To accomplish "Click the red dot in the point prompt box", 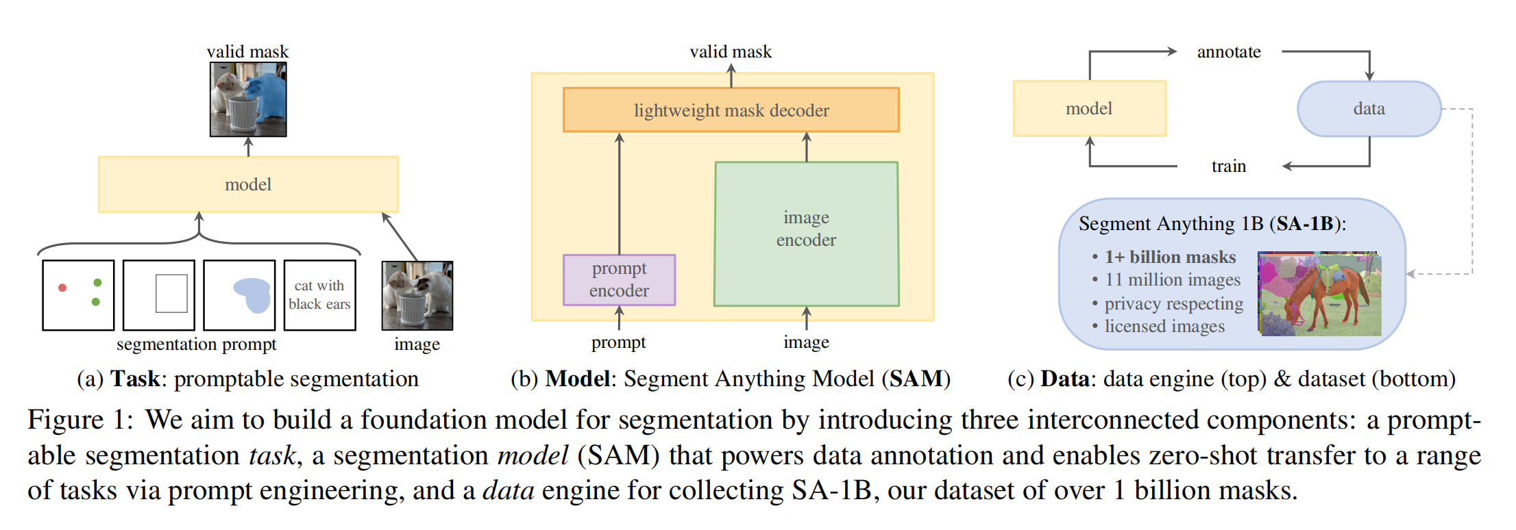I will click(x=62, y=288).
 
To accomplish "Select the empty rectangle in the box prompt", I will click(x=171, y=294).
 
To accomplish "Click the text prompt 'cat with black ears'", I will click(x=319, y=294).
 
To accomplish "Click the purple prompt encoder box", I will click(x=619, y=279).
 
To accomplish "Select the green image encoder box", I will click(x=806, y=233).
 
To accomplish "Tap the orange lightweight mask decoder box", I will click(x=731, y=110).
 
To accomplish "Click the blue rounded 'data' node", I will click(x=1369, y=109).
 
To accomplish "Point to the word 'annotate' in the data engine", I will click(x=1228, y=52).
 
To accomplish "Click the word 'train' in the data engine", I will click(x=1228, y=166).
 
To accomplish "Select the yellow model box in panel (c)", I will click(x=1089, y=109).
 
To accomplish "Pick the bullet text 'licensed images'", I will click(x=1164, y=327).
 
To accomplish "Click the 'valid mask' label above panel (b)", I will click(x=731, y=52).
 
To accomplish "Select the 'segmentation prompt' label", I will click(x=196, y=344).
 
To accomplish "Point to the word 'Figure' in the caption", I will click(x=66, y=420).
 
